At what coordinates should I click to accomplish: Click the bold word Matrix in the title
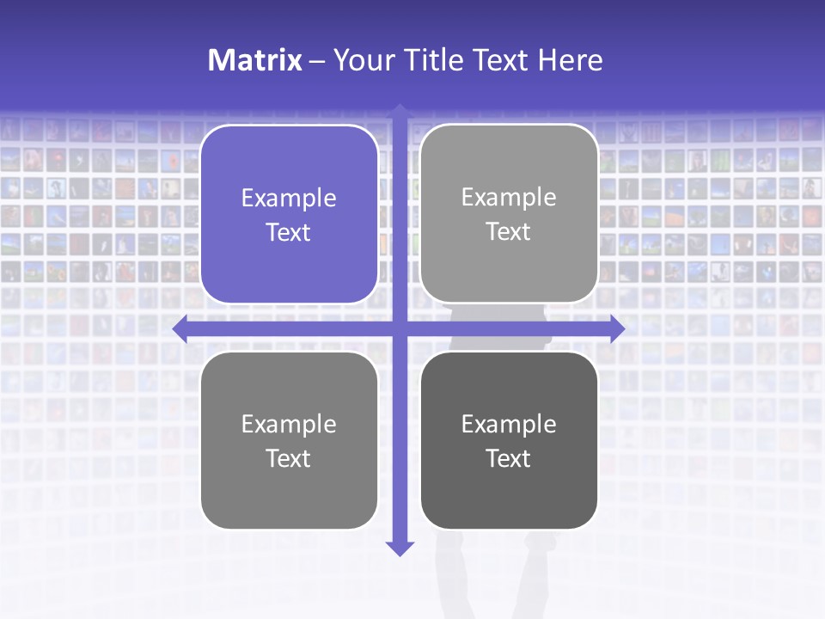click(254, 60)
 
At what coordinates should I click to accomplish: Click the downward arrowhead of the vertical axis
click(400, 548)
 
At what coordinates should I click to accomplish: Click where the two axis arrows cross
click(400, 329)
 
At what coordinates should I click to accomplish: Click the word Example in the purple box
click(289, 199)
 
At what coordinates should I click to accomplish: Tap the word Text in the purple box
click(289, 232)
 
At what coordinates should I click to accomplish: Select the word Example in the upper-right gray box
click(509, 198)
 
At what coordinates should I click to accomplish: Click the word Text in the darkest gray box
click(509, 458)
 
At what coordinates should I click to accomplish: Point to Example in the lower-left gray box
click(289, 425)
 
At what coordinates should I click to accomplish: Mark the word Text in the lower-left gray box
click(289, 458)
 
